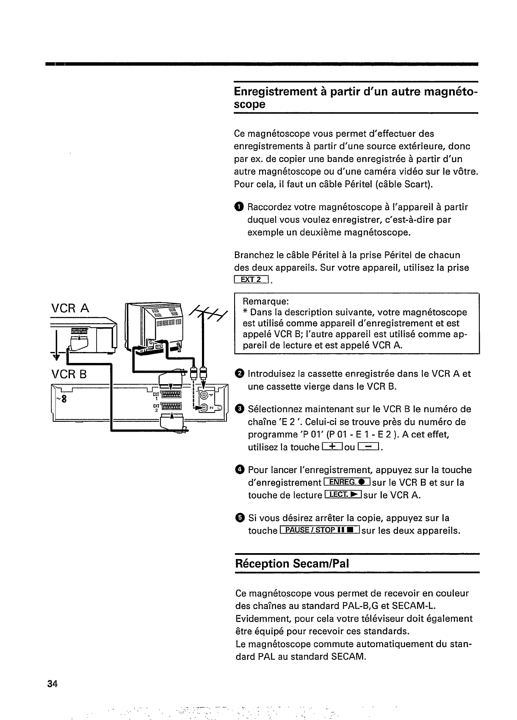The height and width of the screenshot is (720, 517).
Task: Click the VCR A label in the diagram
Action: [x=70, y=308]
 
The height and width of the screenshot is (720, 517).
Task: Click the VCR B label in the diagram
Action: [x=69, y=375]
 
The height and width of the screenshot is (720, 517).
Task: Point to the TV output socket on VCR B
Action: [x=205, y=408]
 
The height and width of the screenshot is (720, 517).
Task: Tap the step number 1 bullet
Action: [x=239, y=207]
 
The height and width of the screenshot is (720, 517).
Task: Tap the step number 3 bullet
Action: [x=239, y=409]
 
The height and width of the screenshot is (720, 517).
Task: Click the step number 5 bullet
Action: [x=239, y=518]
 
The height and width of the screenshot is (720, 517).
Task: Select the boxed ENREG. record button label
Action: [x=347, y=482]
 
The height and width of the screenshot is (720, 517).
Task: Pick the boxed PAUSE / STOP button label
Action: [x=320, y=531]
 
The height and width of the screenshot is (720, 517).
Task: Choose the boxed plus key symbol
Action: [x=332, y=447]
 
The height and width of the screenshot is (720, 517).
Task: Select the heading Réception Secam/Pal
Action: [x=292, y=564]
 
